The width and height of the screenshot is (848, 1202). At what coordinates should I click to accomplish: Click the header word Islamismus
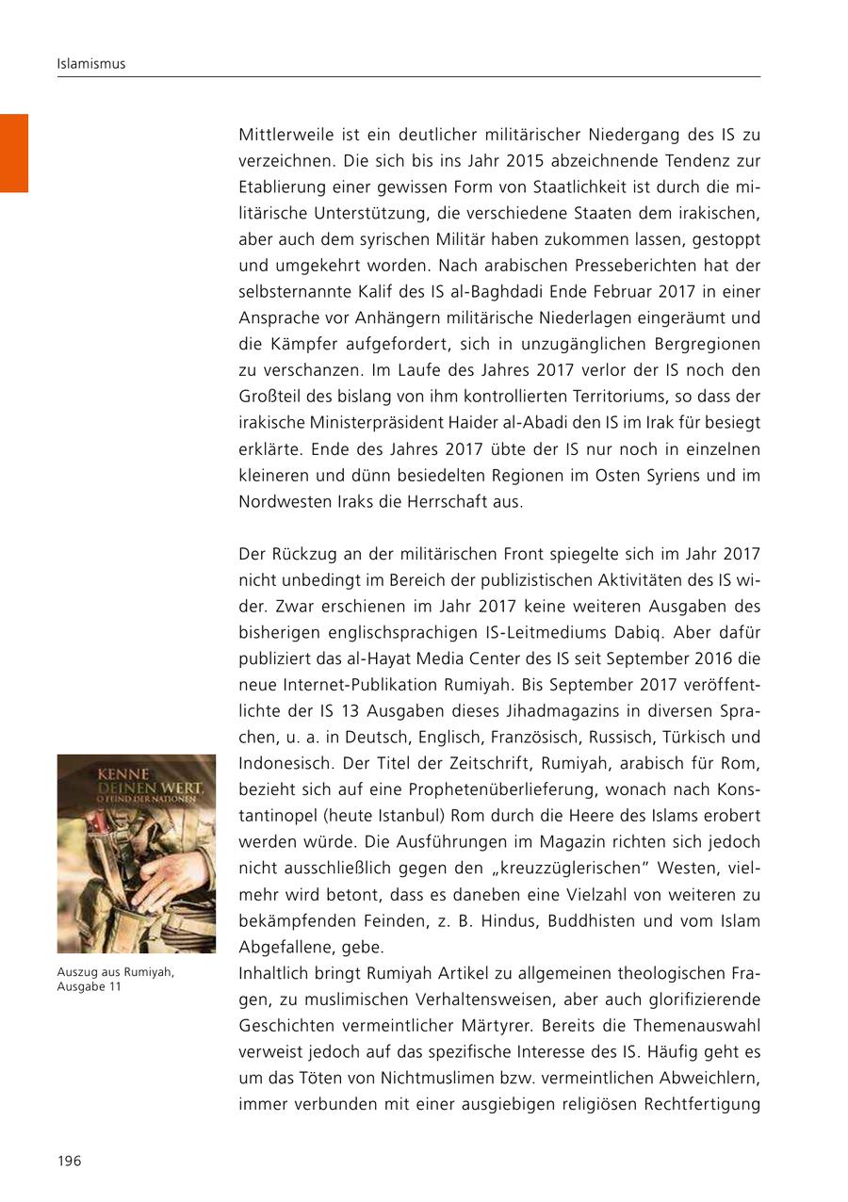tap(91, 64)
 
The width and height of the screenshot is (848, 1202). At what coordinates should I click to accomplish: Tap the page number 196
tap(70, 1161)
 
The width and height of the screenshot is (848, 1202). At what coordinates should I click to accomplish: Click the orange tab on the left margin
tap(14, 153)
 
